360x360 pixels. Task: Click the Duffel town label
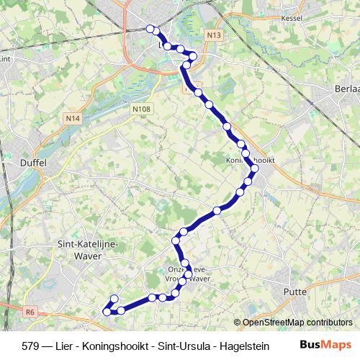coord(34,163)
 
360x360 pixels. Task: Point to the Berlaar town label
coord(347,87)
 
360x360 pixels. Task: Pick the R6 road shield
coord(30,312)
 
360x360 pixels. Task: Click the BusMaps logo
coord(325,344)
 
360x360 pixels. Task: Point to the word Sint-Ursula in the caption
coord(186,345)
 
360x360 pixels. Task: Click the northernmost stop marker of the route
coord(150,29)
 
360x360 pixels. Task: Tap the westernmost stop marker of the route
coord(107,312)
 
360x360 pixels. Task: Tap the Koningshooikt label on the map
coord(250,160)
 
